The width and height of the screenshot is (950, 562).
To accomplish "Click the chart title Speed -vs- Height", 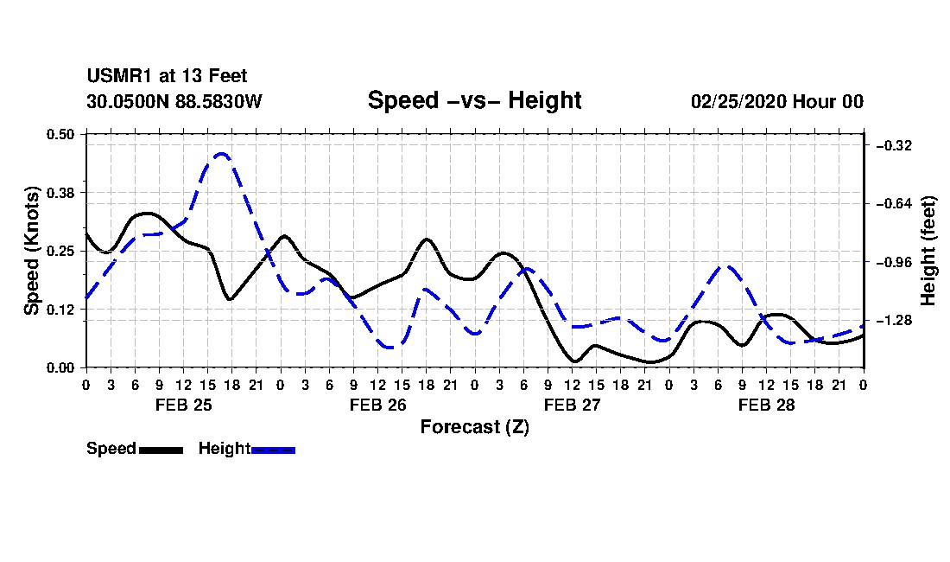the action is (474, 100).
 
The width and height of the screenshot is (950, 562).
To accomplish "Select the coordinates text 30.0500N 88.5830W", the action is (174, 101).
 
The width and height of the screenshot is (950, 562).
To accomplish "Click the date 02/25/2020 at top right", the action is (738, 101).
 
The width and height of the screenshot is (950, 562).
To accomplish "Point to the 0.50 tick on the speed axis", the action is (60, 134).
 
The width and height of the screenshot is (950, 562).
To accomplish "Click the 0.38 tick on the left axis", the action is (60, 193).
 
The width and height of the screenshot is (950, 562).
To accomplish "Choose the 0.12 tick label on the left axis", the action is (60, 310).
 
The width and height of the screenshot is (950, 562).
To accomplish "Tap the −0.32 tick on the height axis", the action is (894, 145).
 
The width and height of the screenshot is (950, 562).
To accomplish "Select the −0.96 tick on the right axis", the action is (894, 263).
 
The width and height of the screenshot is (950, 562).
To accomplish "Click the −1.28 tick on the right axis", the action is (894, 321).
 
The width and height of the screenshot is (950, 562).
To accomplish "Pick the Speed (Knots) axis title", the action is (32, 251).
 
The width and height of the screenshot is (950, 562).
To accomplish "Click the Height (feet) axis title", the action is (928, 251).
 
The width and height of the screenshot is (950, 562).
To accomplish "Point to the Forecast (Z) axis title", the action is (474, 427).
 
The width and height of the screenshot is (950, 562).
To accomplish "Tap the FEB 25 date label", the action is (184, 405).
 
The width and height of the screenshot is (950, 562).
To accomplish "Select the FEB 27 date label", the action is (572, 405).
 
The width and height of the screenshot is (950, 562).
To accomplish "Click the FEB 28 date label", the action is (766, 405).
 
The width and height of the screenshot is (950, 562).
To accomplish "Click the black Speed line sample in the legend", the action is (161, 450).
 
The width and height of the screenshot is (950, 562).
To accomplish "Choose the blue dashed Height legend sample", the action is (273, 450).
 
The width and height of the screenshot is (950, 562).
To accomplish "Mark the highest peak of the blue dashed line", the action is (222, 154).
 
